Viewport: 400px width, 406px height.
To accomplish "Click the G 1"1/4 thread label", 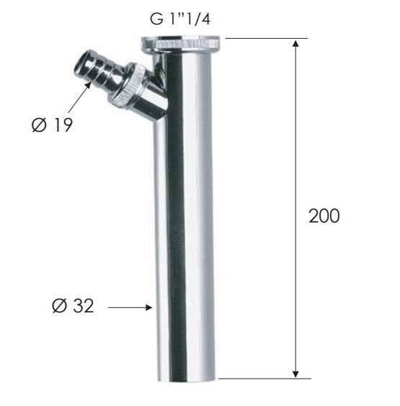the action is [180, 19].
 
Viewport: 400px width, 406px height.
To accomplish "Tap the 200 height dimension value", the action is [324, 216].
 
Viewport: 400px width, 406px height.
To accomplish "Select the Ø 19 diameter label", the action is [52, 125].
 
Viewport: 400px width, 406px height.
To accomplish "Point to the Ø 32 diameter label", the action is [73, 305].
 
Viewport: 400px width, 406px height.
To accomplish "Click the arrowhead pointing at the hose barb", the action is [88, 85].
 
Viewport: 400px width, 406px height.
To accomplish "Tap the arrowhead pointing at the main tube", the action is [148, 307].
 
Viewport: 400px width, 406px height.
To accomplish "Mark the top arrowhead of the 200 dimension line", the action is [295, 43].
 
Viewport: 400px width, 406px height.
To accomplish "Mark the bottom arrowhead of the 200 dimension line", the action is [295, 374].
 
